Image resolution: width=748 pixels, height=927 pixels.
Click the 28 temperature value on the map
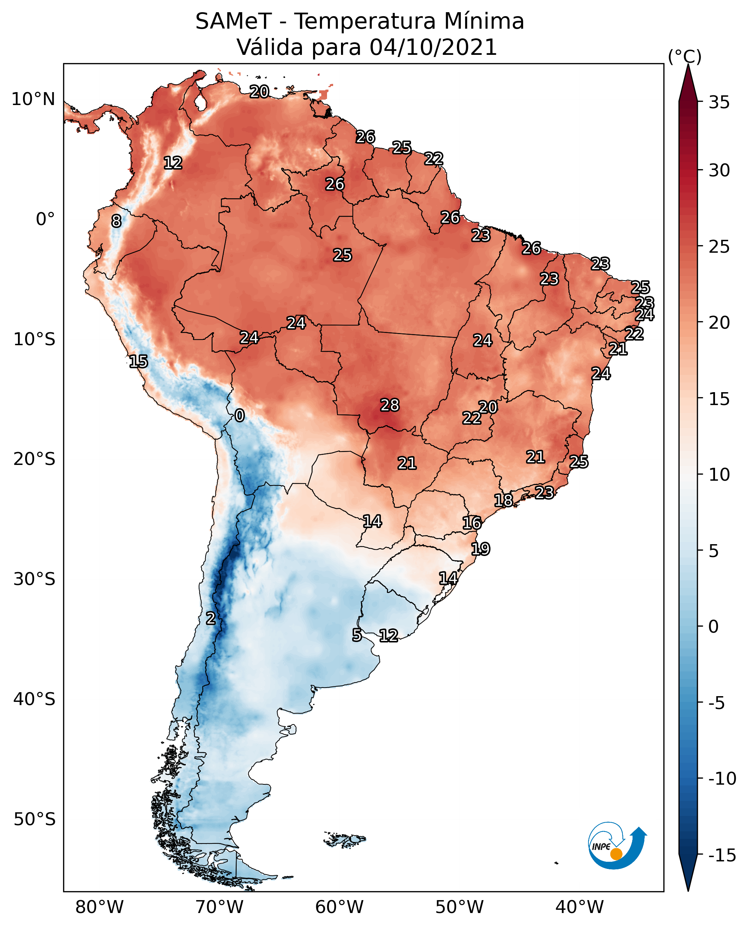pos(389,405)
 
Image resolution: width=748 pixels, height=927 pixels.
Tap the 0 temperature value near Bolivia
pos(240,416)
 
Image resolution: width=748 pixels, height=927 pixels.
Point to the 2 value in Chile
pos(210,619)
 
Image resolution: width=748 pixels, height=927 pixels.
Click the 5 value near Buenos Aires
pos(357,635)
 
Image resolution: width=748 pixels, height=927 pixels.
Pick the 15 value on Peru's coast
pos(138,361)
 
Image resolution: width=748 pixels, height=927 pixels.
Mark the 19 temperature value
pos(480,549)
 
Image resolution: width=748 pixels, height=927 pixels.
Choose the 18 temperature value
pos(503,500)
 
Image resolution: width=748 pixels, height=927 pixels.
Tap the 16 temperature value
pos(472,523)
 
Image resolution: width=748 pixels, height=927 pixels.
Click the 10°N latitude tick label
pos(33,100)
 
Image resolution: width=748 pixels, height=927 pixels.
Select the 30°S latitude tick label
pos(34,579)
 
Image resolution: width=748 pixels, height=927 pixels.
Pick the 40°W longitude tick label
pos(579,907)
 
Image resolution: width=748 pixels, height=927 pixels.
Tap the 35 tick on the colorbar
pos(719,103)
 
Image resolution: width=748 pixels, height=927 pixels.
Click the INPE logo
pos(617,845)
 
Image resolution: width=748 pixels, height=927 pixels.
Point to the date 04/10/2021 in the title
pos(433,47)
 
